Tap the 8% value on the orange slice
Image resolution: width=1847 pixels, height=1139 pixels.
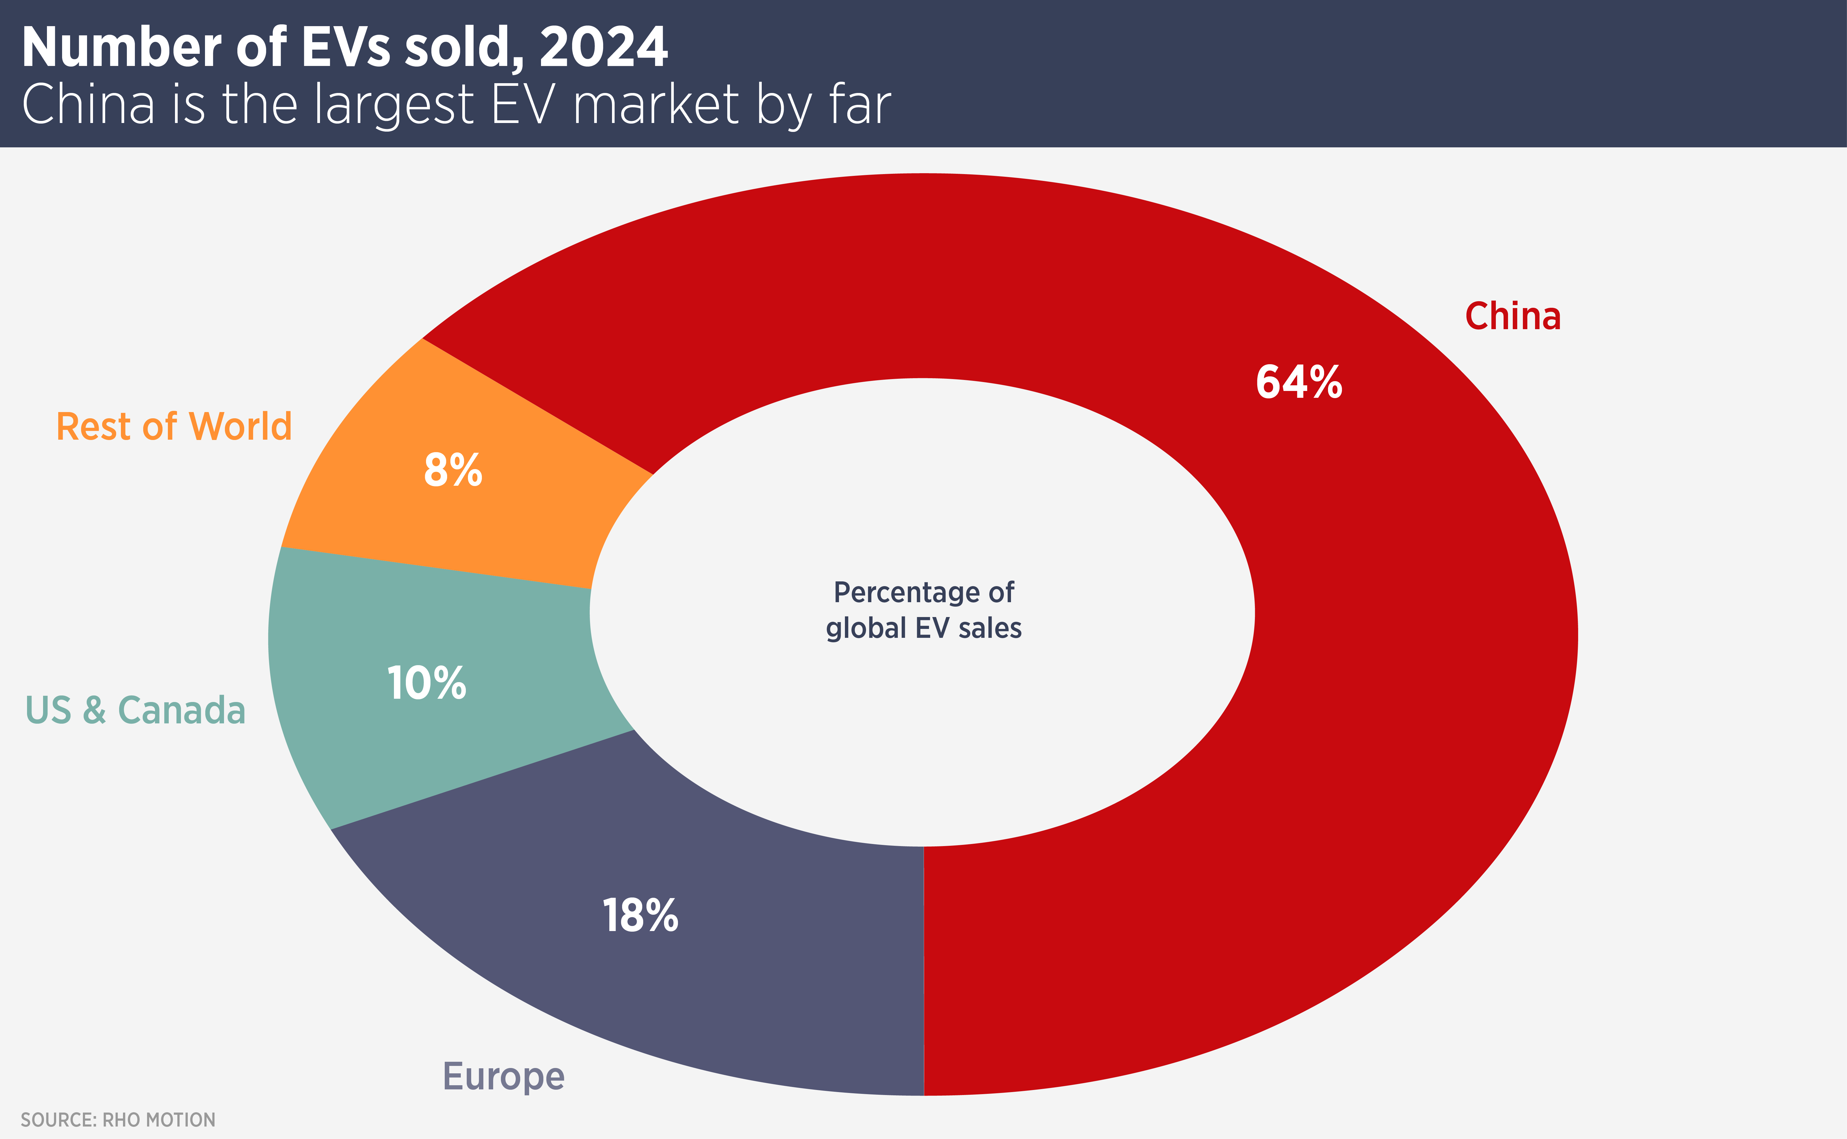(453, 471)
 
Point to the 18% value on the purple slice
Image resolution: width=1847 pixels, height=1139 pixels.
(640, 916)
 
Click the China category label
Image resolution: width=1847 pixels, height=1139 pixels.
(1512, 316)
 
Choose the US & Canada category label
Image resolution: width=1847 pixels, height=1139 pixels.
(135, 710)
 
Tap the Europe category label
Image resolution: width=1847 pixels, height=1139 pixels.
(503, 1076)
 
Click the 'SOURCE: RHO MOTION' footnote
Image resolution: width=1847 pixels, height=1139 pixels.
(118, 1119)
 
